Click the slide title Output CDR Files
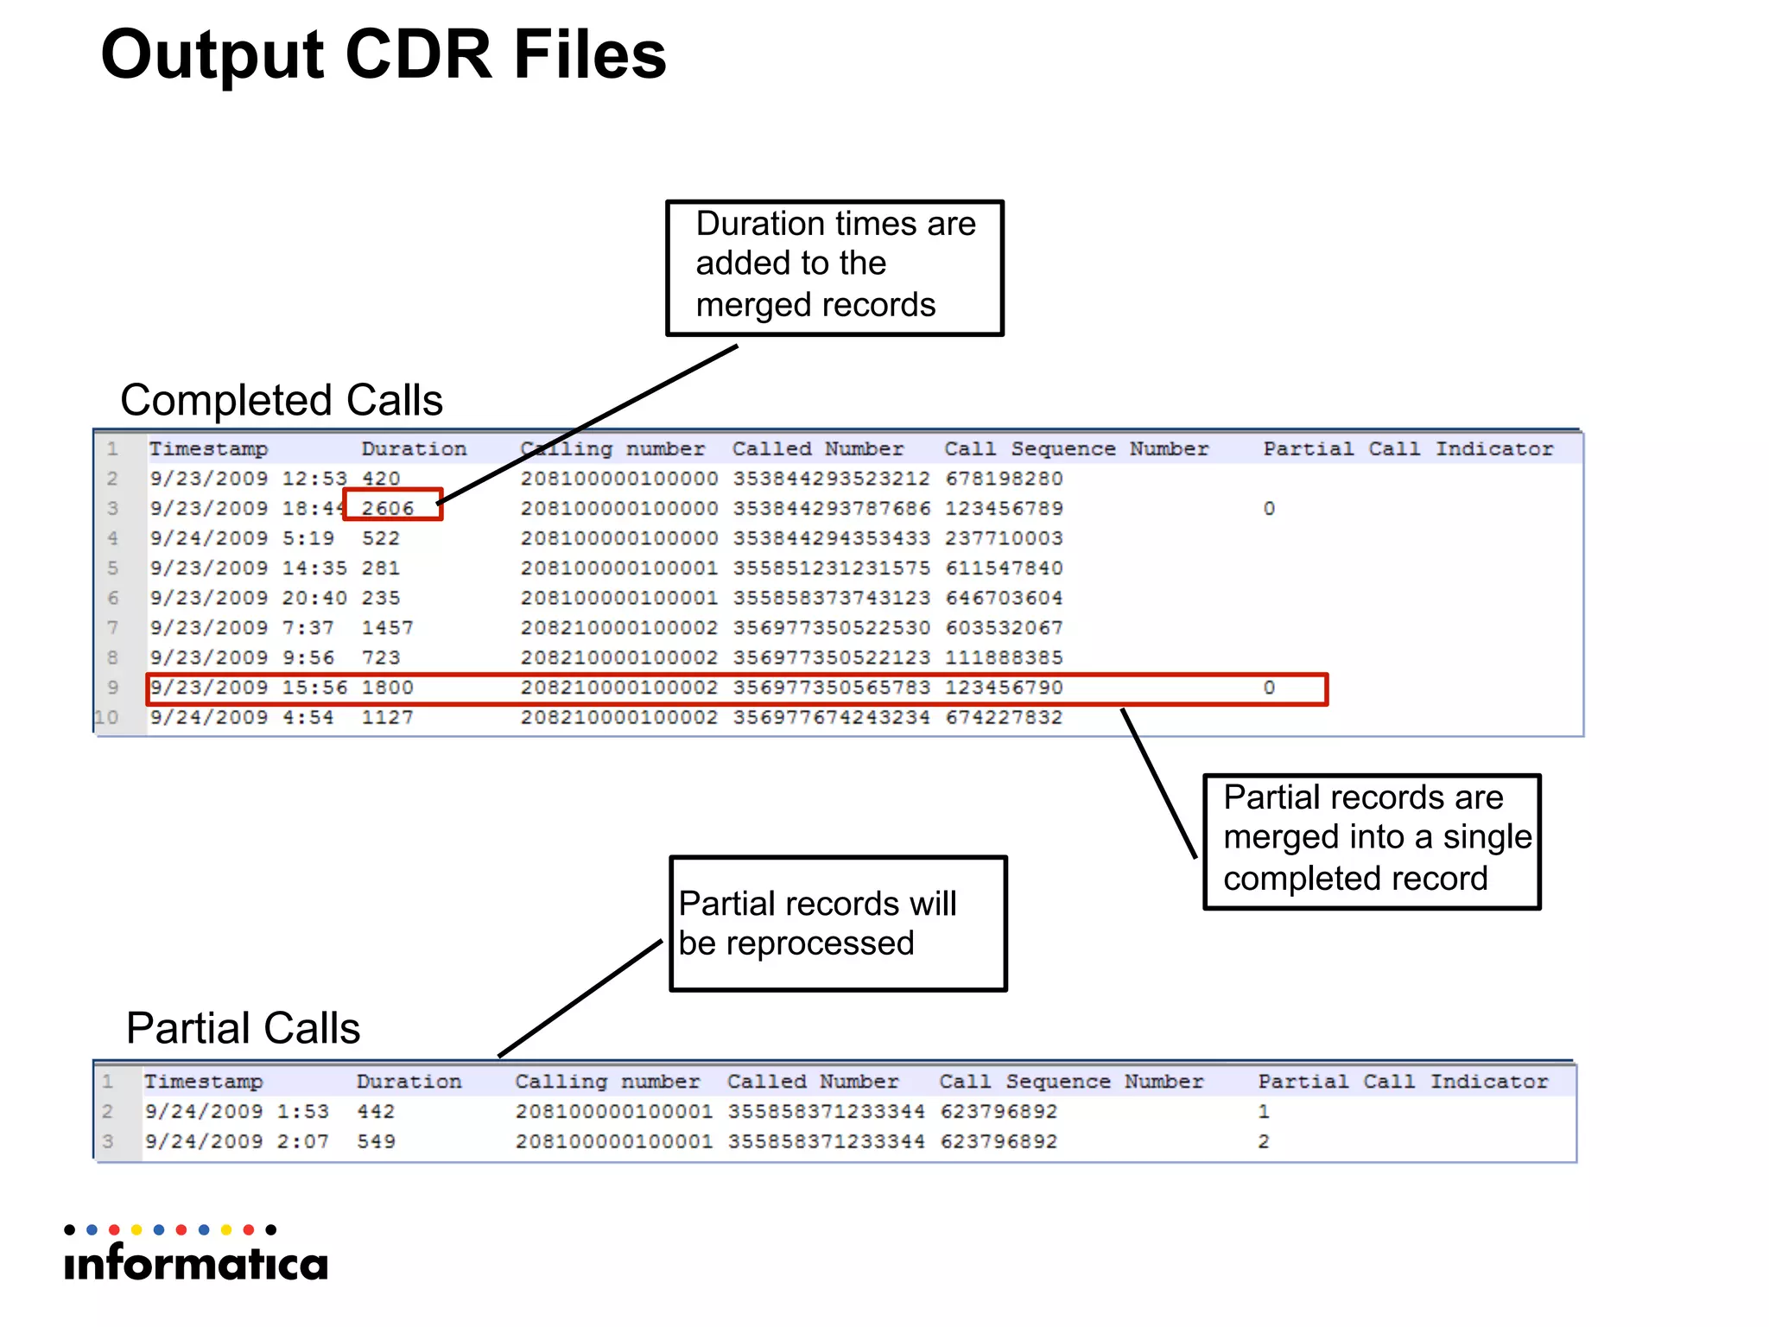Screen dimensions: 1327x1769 [384, 54]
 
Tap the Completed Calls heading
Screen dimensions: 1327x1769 [282, 400]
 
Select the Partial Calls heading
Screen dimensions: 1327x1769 [243, 1028]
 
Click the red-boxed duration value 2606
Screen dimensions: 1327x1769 [388, 508]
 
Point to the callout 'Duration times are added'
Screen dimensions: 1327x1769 [834, 264]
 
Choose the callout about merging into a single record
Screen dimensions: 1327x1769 [1372, 838]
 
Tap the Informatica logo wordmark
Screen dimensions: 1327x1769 [196, 1263]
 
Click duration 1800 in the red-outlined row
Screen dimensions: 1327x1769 [387, 688]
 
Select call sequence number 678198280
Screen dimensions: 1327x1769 [1004, 479]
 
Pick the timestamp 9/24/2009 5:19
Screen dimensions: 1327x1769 [242, 538]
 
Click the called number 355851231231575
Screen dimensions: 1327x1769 [831, 568]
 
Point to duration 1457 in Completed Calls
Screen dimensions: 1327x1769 [387, 628]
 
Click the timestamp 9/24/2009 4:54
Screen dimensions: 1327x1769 [242, 718]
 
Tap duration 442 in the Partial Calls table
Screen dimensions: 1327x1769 [376, 1112]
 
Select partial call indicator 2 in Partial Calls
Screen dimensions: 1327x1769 [1264, 1142]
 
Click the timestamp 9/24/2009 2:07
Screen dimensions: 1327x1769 [237, 1142]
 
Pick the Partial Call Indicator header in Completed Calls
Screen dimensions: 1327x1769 [1408, 449]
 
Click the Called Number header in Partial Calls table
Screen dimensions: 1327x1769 [813, 1082]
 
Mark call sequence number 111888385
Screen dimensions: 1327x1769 [1004, 658]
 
